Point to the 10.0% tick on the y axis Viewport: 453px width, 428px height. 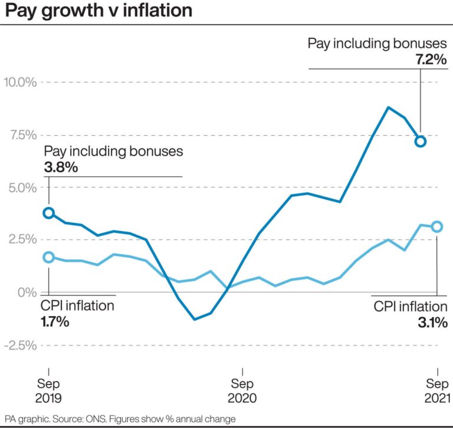(x=20, y=82)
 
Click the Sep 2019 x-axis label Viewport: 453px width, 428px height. (x=49, y=390)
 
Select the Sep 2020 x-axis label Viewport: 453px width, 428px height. (x=242, y=390)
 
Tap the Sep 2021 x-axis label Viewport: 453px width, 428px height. (x=436, y=390)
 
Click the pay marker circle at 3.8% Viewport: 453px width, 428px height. (x=49, y=213)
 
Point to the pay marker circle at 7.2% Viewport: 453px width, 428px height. (x=420, y=141)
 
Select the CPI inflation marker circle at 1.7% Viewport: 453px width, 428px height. (x=49, y=257)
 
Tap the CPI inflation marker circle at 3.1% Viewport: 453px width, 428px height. (x=436, y=226)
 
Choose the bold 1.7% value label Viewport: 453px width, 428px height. (x=55, y=322)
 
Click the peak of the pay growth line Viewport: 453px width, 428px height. (x=388, y=107)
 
